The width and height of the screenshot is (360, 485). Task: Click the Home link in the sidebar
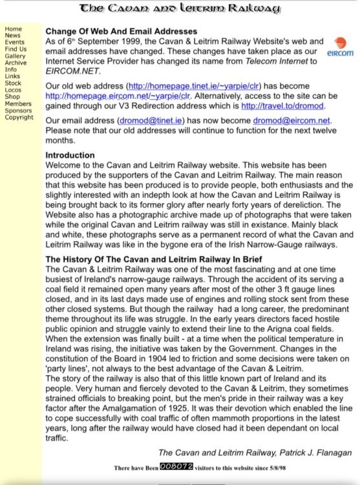13,29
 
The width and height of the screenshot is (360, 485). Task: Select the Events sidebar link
15,42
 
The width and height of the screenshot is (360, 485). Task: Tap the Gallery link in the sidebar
15,56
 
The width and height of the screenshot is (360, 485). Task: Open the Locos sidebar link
14,90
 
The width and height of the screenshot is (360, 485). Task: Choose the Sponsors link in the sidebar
18,111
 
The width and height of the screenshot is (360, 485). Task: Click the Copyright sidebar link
19,117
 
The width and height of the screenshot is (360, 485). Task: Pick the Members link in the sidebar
17,103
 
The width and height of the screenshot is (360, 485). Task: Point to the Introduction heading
70,155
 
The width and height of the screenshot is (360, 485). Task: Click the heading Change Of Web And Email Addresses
121,31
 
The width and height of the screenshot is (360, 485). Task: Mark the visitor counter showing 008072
176,466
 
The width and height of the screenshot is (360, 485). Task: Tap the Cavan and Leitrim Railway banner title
180,9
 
